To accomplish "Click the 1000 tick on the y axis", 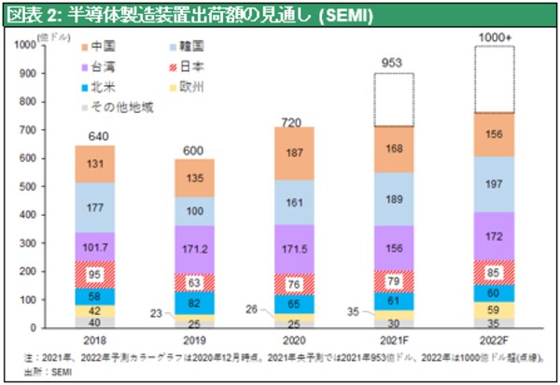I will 32,45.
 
